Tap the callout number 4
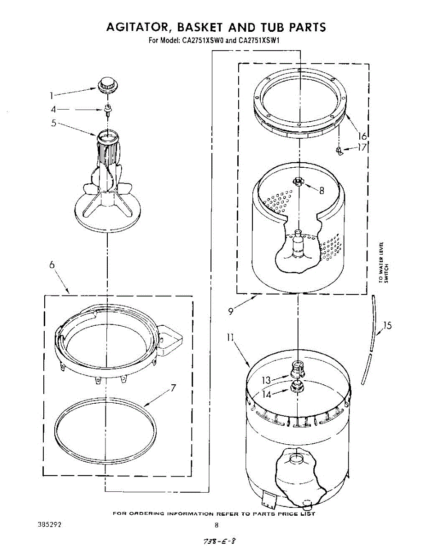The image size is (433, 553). (x=53, y=110)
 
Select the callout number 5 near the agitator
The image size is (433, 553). (x=53, y=124)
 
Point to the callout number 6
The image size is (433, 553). (x=52, y=265)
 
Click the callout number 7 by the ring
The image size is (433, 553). (x=173, y=388)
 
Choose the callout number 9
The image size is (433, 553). (x=230, y=310)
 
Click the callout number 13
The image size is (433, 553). (x=266, y=380)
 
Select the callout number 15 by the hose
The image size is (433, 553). (x=387, y=326)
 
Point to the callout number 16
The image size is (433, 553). (x=362, y=136)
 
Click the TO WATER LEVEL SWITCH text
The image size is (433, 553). (x=384, y=262)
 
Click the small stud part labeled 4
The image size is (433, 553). (x=108, y=109)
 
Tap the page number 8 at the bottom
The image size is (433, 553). (x=216, y=525)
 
